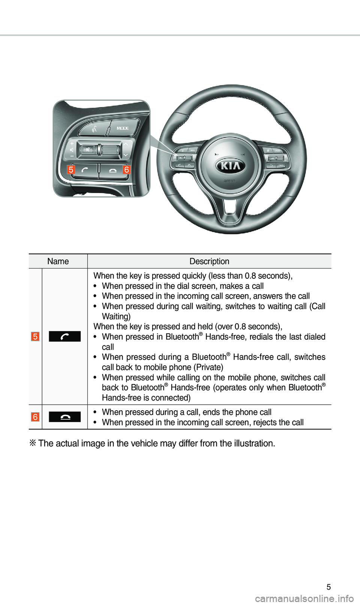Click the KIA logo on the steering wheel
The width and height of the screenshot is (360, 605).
pos(230,166)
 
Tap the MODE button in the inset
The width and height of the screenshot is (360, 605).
pos(123,128)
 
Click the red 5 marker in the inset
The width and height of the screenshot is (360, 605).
pos(71,170)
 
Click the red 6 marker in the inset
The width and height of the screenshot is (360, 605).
pos(126,170)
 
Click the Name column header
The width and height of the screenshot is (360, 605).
pos(58,261)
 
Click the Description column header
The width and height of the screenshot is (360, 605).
pos(209,261)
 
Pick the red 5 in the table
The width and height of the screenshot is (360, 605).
pos(35,336)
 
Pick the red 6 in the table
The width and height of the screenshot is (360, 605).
pos(35,417)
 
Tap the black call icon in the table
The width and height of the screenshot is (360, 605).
pos(64,336)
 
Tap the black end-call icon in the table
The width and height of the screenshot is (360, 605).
pos(64,417)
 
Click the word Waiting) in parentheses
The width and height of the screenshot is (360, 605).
pos(116,317)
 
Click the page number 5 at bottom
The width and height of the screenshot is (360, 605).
pos(328,587)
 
